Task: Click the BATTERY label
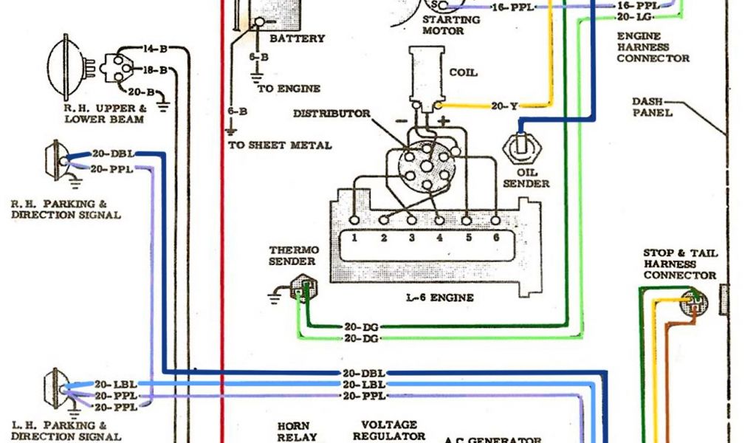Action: tap(297, 38)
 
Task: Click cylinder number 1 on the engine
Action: tap(355, 238)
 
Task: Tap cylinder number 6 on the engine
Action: tap(495, 238)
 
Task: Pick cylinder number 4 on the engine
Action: tap(439, 238)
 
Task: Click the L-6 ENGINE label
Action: tap(440, 298)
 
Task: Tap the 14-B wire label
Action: tap(154, 49)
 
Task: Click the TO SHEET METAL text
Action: tap(280, 145)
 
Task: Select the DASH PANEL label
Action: tap(652, 107)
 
